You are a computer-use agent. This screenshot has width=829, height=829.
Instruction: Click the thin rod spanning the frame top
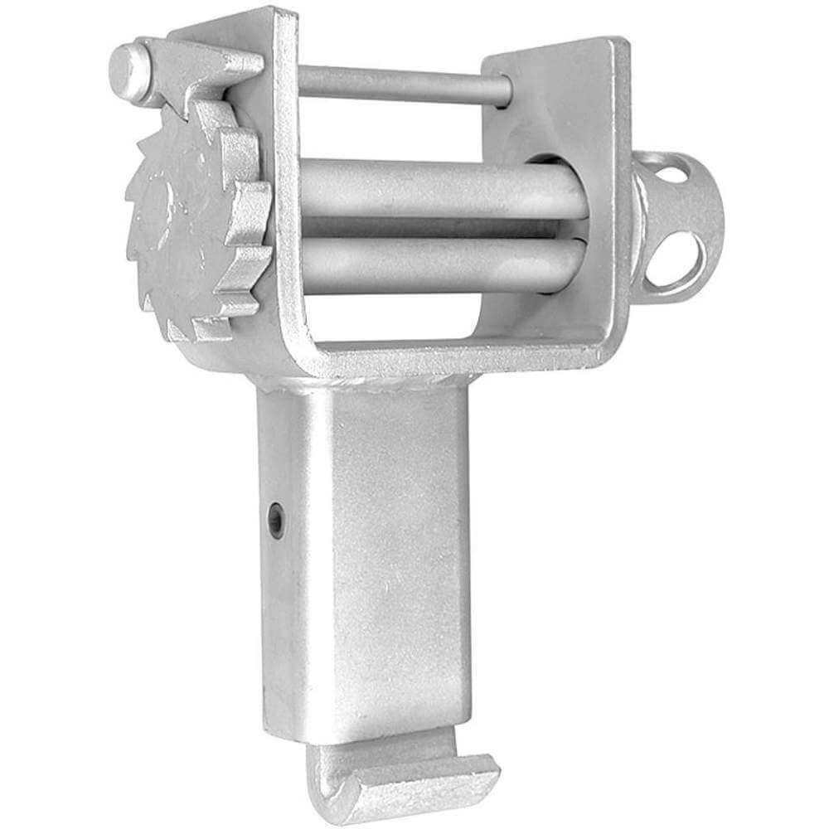[398, 83]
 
